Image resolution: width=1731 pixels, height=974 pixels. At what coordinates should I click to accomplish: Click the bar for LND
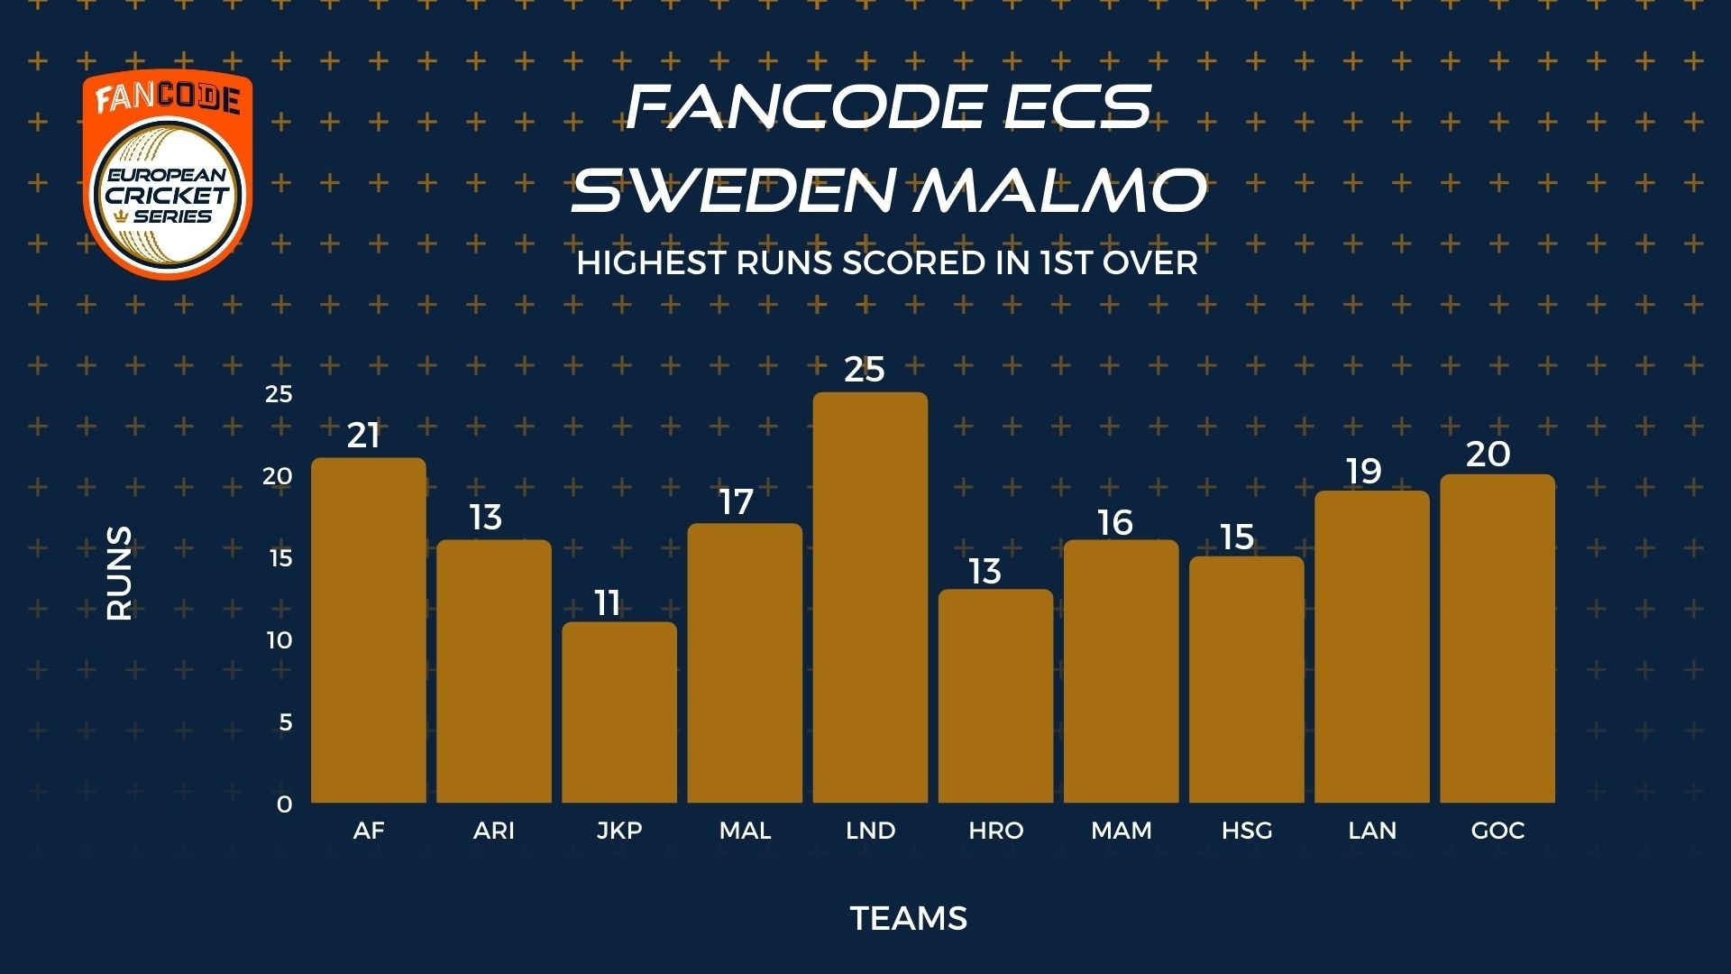[x=870, y=597]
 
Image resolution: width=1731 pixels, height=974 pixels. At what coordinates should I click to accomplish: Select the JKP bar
[x=619, y=712]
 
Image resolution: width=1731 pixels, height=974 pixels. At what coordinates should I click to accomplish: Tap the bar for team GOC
[x=1497, y=639]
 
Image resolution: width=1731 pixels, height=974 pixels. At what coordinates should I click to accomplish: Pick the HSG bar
[x=1247, y=679]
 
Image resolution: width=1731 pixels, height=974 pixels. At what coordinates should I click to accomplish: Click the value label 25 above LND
[x=865, y=370]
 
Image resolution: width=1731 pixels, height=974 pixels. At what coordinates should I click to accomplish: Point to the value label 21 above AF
[x=363, y=436]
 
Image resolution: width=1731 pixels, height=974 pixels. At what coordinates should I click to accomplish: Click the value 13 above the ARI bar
[x=485, y=518]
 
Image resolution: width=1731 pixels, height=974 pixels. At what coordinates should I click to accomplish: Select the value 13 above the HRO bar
[x=985, y=572]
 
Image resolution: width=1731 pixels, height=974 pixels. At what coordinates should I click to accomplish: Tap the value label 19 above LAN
[x=1363, y=471]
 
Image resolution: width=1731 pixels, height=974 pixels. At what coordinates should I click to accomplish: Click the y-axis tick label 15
[x=281, y=558]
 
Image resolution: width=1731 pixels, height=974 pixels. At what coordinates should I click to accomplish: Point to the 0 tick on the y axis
[x=285, y=804]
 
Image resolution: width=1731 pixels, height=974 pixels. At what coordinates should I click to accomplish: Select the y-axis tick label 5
[x=286, y=722]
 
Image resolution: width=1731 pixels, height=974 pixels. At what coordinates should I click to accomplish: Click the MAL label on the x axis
[x=746, y=831]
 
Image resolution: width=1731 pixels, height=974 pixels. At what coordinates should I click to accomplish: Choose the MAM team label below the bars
[x=1122, y=831]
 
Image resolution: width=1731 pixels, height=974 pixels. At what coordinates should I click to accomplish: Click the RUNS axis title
[x=119, y=574]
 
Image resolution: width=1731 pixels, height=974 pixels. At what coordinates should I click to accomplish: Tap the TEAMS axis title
[x=909, y=919]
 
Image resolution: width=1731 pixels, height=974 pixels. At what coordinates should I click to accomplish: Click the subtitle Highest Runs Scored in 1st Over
[x=887, y=263]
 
